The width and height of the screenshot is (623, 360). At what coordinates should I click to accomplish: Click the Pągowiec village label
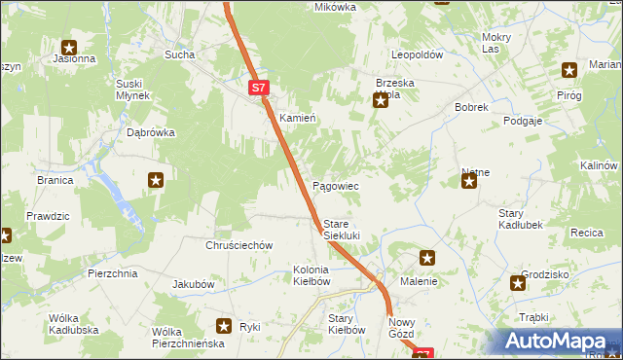(336, 186)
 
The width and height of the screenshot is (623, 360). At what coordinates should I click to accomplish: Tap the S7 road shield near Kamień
(257, 88)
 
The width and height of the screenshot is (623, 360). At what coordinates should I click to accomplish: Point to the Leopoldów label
(417, 54)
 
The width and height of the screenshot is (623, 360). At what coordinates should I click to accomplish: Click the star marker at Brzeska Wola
(381, 99)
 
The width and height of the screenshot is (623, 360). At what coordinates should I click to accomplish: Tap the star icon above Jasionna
(69, 46)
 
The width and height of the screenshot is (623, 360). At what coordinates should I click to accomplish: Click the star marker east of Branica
(156, 179)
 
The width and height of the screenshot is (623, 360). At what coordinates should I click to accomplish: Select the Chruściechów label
(238, 246)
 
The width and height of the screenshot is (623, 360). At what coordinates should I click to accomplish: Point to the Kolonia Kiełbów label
(312, 275)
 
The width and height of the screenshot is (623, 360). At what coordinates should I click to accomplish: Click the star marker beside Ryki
(224, 327)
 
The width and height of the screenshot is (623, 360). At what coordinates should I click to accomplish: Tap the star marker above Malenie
(426, 258)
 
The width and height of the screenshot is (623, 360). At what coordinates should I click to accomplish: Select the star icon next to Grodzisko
(518, 283)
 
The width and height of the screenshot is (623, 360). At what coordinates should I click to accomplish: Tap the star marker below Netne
(469, 180)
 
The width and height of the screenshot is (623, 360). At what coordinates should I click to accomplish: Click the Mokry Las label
(496, 43)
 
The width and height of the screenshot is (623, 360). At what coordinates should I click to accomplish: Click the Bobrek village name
(470, 107)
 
